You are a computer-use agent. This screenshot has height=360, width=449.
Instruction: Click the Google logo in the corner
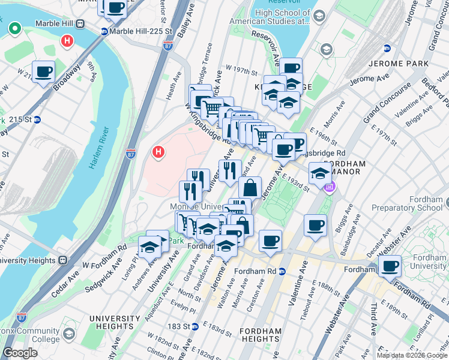(20, 353)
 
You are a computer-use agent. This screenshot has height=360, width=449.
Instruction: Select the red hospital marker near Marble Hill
(67, 41)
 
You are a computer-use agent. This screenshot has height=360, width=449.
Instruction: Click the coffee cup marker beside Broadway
(44, 72)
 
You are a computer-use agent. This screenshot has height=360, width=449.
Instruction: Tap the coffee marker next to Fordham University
(391, 265)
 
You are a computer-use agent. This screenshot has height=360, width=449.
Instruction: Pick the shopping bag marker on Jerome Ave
(250, 188)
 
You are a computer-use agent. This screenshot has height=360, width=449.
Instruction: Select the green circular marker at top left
(13, 28)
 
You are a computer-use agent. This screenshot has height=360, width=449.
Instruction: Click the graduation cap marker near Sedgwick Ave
(148, 247)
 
